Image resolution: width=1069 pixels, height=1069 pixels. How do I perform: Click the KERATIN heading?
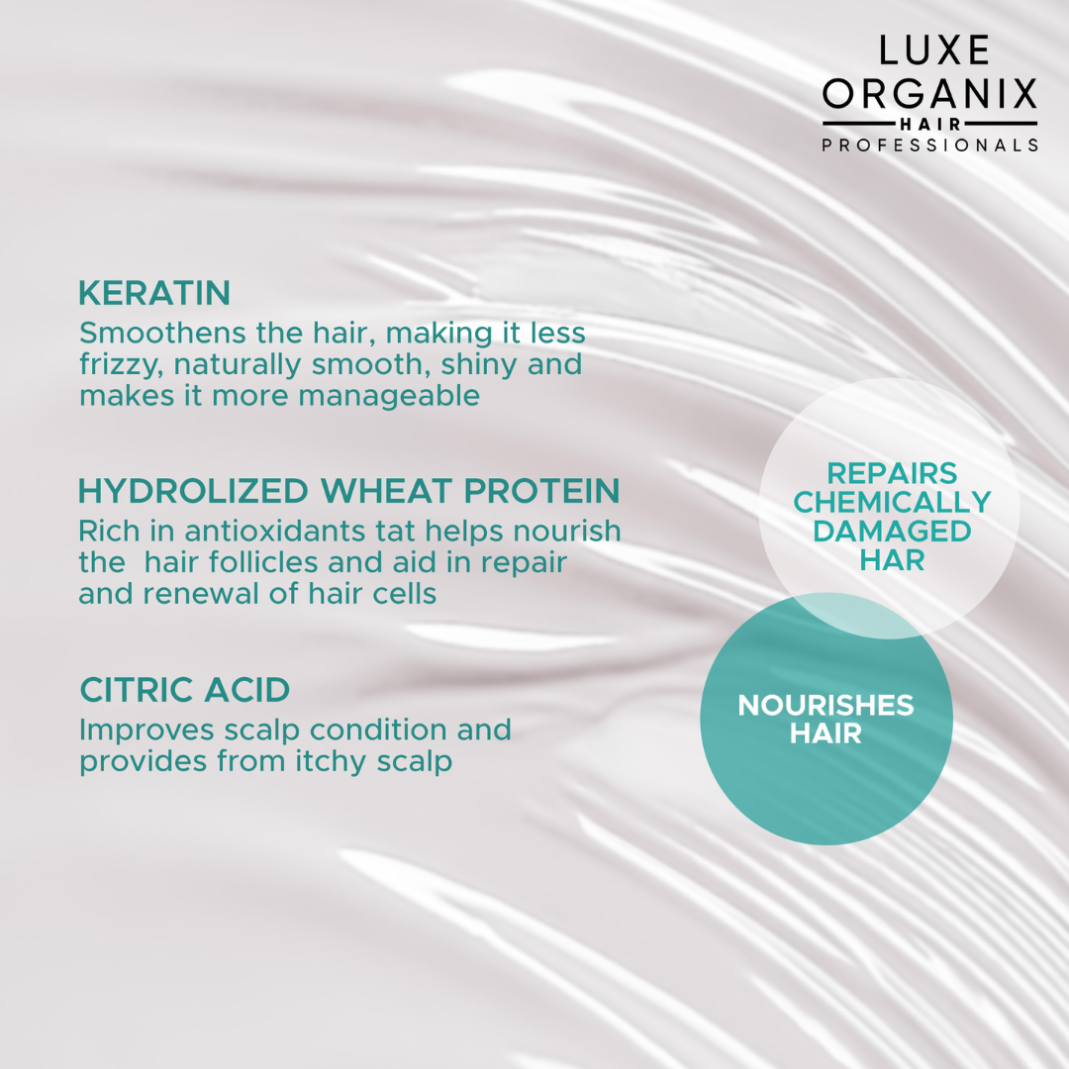click(154, 293)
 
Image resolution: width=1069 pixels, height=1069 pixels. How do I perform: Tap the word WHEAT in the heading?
click(386, 491)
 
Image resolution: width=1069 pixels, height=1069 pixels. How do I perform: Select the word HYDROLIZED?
click(193, 491)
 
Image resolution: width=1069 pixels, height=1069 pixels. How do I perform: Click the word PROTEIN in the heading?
click(541, 491)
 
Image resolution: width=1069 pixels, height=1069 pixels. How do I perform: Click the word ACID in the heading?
click(246, 690)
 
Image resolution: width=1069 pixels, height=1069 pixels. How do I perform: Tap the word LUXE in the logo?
click(933, 50)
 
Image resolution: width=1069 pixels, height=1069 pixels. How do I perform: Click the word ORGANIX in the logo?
click(929, 93)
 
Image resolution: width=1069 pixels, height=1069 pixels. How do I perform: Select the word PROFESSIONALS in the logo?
click(929, 146)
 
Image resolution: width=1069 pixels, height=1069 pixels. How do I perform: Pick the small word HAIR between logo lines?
click(929, 124)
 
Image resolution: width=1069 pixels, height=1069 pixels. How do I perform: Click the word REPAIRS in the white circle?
click(892, 473)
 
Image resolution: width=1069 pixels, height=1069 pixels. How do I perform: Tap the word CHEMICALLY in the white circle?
click(892, 503)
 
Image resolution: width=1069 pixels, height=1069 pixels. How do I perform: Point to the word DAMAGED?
click(892, 532)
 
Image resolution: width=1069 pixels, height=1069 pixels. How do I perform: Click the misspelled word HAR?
click(892, 560)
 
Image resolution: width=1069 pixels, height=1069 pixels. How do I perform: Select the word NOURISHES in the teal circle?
click(826, 705)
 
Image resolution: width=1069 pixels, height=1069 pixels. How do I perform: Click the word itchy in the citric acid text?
click(331, 761)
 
